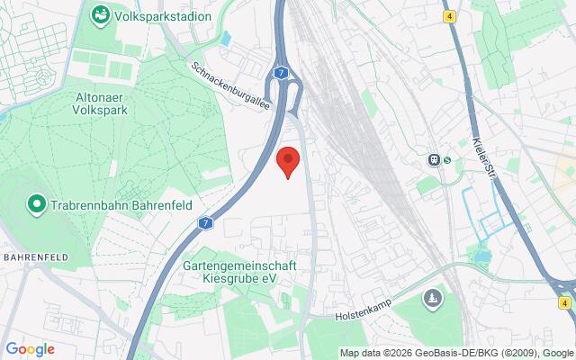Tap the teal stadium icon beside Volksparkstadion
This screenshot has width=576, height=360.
(100, 15)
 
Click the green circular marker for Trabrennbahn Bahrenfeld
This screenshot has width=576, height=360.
(37, 205)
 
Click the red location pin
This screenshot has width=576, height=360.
(287, 160)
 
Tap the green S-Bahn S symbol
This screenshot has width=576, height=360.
(446, 160)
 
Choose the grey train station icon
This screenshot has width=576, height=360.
(435, 160)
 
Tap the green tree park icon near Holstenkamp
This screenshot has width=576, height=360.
(433, 296)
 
